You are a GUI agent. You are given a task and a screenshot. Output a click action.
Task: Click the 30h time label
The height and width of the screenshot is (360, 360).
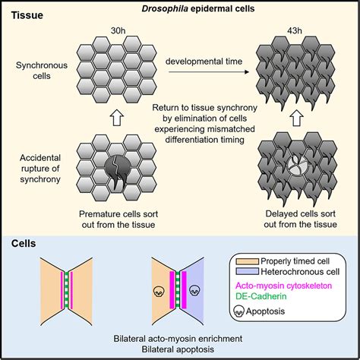click(118, 30)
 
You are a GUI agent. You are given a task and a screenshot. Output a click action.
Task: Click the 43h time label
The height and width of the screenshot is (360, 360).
click(295, 30)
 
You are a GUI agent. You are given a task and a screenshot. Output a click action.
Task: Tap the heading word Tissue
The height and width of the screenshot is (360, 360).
click(27, 15)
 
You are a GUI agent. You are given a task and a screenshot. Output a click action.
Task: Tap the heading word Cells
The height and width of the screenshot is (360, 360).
click(24, 243)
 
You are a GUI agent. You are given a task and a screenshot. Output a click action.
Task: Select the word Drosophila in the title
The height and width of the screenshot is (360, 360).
click(165, 8)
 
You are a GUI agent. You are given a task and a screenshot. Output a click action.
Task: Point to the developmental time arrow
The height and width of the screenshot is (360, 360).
click(209, 72)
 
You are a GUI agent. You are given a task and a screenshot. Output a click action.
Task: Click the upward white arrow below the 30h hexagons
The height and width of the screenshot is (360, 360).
click(117, 118)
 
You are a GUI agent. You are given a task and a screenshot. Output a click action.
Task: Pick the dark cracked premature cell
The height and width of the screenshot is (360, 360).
click(118, 171)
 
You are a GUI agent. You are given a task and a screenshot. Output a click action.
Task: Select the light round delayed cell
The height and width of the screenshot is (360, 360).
click(300, 166)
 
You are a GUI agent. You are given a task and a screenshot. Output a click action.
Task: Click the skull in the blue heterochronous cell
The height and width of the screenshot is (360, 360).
click(195, 290)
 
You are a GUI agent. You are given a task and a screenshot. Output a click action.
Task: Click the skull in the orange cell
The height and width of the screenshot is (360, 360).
click(159, 291)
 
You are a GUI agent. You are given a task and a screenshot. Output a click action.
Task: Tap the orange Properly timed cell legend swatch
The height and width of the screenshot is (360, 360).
click(248, 261)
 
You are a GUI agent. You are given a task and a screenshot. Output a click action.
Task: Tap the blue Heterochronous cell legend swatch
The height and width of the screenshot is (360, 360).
click(248, 271)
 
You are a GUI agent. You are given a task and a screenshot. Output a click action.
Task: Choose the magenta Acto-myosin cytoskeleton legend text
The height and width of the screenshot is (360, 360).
click(283, 286)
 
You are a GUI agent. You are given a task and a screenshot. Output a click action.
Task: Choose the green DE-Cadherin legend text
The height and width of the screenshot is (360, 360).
click(261, 296)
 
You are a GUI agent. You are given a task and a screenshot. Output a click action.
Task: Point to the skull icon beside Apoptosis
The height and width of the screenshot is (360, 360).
click(238, 311)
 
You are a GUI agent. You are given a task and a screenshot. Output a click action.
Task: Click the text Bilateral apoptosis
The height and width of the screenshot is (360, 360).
click(178, 349)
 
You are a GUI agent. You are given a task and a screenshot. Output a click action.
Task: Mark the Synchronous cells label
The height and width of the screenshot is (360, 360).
click(42, 71)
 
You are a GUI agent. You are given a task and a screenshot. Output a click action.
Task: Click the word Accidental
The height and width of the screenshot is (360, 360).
click(40, 158)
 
